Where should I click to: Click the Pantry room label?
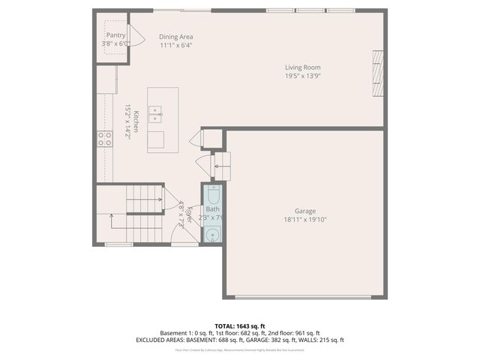(x=115, y=35)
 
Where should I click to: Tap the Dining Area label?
(x=177, y=36)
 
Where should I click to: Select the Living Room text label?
(x=302, y=67)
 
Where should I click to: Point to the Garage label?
(x=305, y=211)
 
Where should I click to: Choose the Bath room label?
(x=213, y=209)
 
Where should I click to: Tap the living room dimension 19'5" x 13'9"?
(x=302, y=76)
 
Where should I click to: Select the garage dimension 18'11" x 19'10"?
(x=305, y=220)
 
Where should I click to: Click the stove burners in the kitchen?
(x=104, y=138)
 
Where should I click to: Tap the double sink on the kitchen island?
(x=156, y=114)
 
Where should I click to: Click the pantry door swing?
(x=136, y=35)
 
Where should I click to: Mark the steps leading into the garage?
(x=223, y=163)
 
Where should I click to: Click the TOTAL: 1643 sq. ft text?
(x=240, y=325)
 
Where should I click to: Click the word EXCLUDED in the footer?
(x=152, y=340)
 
